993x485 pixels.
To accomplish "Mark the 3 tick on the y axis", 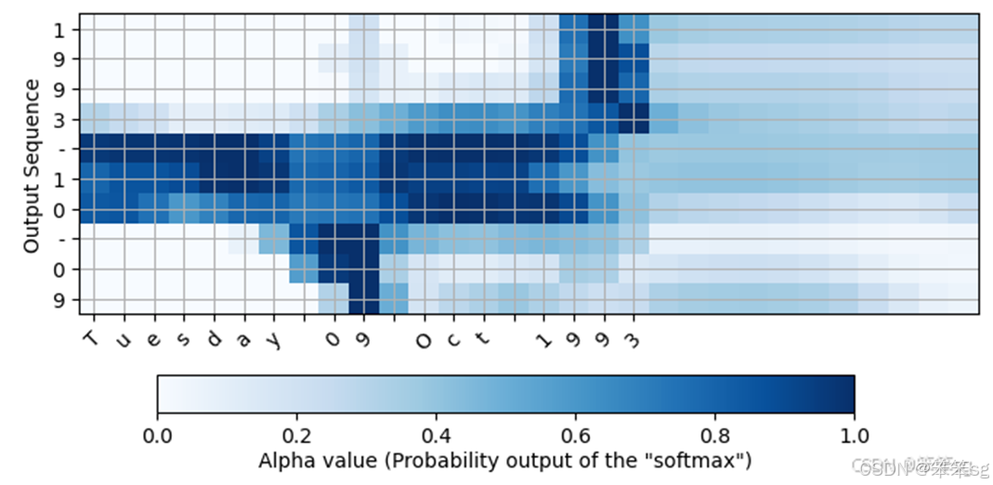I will (x=61, y=120).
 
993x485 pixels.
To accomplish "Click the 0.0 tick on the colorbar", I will (x=157, y=433).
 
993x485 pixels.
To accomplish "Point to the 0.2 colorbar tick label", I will (x=296, y=433).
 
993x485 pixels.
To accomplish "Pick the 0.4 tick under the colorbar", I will (x=436, y=433).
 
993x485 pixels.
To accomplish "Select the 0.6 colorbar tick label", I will (x=575, y=433).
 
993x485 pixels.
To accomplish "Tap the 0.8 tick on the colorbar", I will (x=714, y=433).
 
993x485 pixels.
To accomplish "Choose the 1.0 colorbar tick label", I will (x=854, y=433).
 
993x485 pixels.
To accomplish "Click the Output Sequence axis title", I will (x=32, y=165).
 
